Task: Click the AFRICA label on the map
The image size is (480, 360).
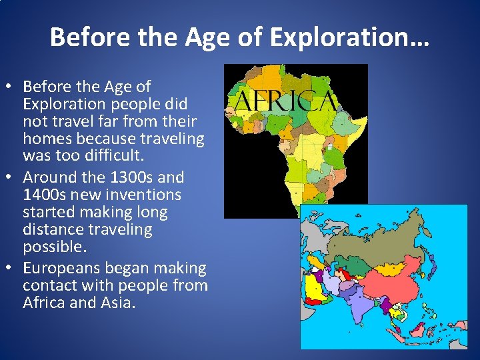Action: coord(283,101)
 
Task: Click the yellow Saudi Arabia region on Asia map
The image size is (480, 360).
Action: coord(313,290)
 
